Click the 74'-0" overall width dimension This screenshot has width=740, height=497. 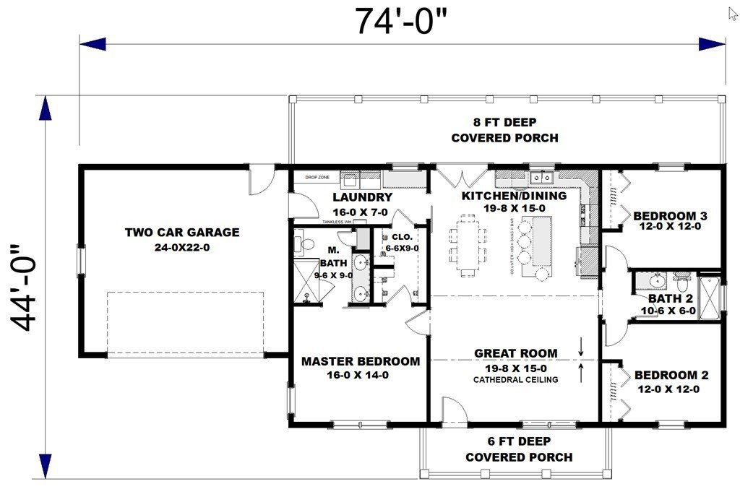click(x=401, y=21)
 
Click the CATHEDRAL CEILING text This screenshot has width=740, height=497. click(x=515, y=380)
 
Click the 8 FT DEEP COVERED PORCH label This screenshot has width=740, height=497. click(x=504, y=130)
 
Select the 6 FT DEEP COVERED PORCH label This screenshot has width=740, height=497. click(x=518, y=449)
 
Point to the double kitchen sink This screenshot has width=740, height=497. click(x=540, y=176)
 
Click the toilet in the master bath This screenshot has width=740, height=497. click(x=303, y=246)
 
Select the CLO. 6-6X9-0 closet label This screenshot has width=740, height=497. click(x=403, y=242)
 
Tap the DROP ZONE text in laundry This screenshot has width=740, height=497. click(x=317, y=177)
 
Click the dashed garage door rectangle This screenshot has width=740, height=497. click(x=185, y=323)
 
